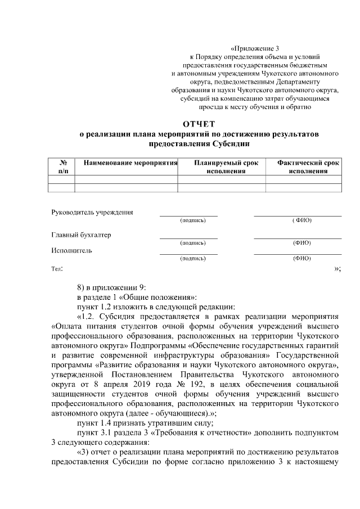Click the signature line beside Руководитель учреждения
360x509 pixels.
click(x=188, y=215)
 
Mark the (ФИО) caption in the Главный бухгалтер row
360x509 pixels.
click(x=302, y=243)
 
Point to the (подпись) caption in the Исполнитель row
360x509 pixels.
click(x=192, y=259)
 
